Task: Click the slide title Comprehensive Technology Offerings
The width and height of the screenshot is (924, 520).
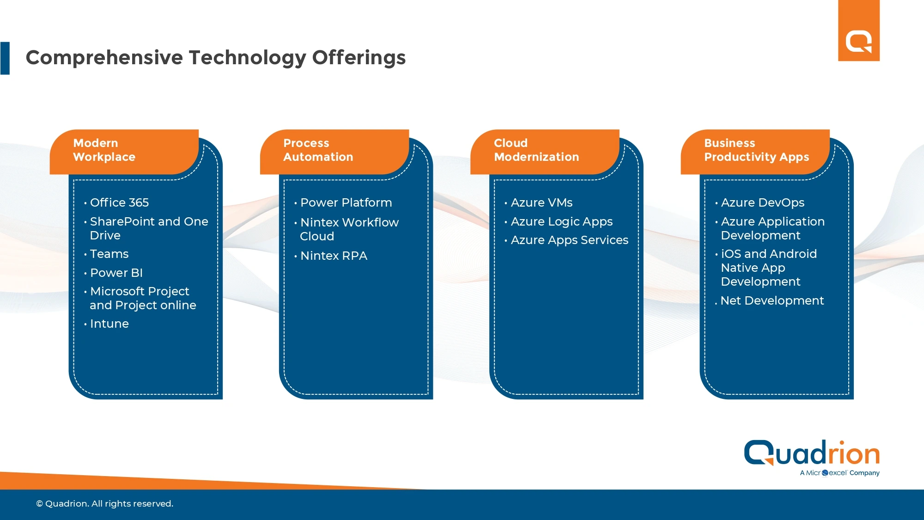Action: [x=216, y=58]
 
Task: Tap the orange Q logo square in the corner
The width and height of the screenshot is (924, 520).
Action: [x=859, y=31]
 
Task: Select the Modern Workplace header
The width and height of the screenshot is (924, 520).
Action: [x=104, y=150]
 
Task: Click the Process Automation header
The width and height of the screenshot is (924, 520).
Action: [x=318, y=150]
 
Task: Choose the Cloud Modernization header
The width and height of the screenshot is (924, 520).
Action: [x=536, y=150]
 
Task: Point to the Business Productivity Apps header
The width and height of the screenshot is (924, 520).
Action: [x=757, y=150]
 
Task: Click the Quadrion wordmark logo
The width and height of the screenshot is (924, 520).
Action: [x=812, y=453]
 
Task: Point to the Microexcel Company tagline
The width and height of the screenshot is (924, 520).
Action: [x=840, y=473]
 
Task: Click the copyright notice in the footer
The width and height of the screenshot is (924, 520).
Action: [x=105, y=504]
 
